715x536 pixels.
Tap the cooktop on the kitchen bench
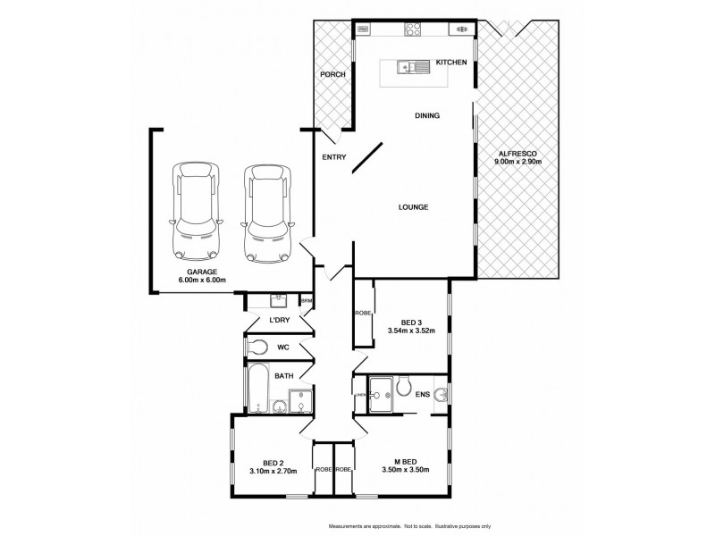pos(415,29)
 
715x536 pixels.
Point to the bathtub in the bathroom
pos(259,390)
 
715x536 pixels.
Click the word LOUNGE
pos(413,207)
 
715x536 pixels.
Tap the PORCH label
pos(332,74)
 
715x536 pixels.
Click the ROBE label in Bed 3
pos(362,314)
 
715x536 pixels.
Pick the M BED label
pos(406,461)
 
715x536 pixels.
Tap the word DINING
pos(426,115)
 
